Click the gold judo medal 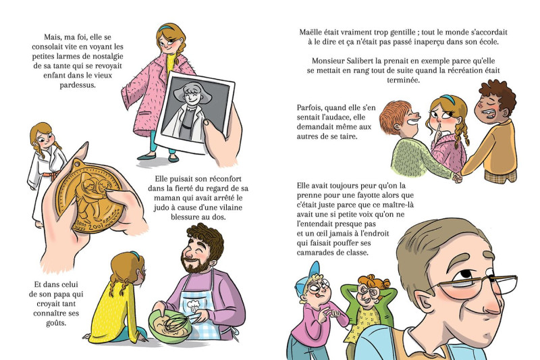tap(89, 197)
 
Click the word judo tap(161, 208)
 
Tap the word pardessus tap(78, 85)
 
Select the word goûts tap(56, 323)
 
